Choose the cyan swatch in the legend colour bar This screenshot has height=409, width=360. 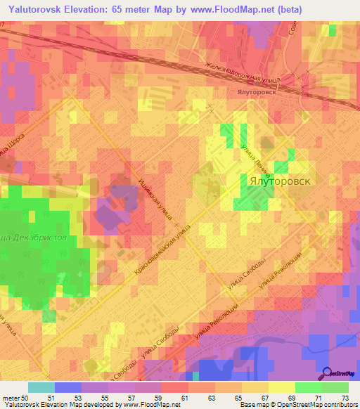pos(41,387)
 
